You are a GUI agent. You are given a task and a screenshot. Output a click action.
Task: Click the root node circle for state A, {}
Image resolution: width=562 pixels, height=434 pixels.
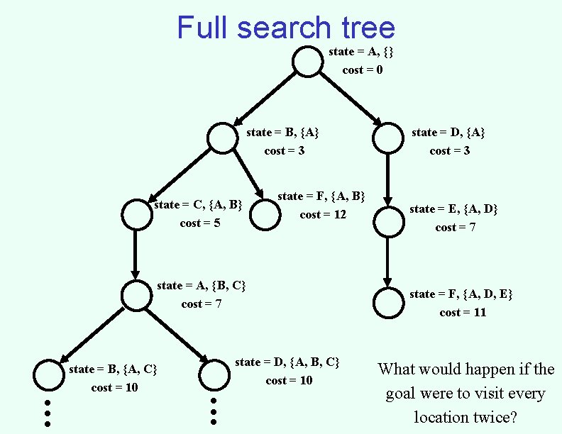(308, 62)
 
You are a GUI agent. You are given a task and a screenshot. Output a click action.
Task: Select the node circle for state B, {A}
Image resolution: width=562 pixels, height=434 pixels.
(223, 138)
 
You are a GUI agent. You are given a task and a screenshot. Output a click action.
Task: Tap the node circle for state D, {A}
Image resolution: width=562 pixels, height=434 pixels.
(387, 138)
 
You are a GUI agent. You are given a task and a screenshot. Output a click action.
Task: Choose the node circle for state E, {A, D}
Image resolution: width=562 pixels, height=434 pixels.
(388, 222)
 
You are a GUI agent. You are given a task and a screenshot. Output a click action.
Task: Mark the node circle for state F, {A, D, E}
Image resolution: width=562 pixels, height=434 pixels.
(388, 304)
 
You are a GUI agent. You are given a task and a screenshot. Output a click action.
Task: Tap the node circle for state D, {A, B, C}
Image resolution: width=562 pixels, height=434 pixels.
(214, 375)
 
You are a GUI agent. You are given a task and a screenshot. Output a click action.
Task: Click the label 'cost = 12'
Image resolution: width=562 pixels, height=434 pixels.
(323, 215)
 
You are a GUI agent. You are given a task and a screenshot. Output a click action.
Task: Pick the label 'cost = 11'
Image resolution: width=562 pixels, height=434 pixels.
(463, 313)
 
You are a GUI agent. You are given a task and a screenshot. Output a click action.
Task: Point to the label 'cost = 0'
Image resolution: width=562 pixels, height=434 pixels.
(363, 70)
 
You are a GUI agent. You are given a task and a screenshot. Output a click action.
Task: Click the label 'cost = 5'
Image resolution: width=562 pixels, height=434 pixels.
(200, 223)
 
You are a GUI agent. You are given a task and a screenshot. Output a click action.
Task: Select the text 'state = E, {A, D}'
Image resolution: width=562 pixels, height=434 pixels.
(453, 208)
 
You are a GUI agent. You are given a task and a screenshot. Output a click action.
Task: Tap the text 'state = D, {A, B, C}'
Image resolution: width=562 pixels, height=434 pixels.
(287, 362)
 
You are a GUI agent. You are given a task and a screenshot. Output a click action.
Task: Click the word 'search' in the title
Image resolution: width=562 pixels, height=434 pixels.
(284, 28)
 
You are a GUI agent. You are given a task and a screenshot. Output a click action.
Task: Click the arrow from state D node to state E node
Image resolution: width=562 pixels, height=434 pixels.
(388, 181)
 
